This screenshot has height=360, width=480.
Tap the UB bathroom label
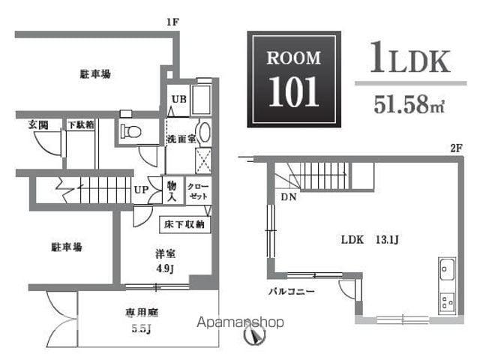click(x=179, y=99)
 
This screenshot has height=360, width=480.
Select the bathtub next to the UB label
click(x=201, y=100)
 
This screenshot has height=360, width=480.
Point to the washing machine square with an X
click(x=203, y=160)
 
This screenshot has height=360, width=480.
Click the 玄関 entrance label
click(x=38, y=124)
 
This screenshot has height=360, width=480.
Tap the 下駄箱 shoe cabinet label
click(x=81, y=124)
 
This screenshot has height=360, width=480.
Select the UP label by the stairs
click(x=141, y=190)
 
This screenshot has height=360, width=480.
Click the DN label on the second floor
click(x=289, y=197)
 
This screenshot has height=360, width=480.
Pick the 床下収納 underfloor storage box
click(x=185, y=225)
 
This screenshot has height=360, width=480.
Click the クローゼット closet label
click(x=198, y=191)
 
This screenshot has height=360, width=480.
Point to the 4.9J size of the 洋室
click(x=165, y=269)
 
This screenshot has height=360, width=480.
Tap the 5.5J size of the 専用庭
click(x=141, y=328)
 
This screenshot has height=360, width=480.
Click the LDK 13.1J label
click(x=370, y=239)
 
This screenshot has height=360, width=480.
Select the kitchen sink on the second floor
click(x=447, y=269)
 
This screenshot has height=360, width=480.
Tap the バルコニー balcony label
click(x=291, y=291)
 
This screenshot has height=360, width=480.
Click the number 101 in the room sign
click(x=294, y=91)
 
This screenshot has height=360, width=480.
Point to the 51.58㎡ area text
click(x=409, y=104)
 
